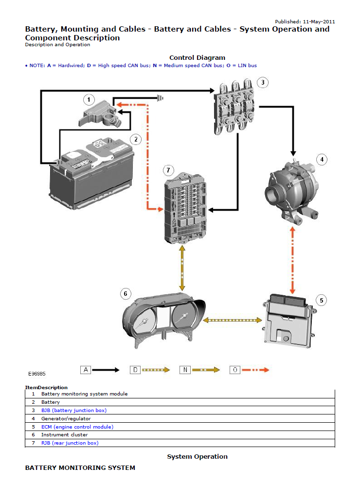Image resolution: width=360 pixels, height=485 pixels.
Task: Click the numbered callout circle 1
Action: coord(89,100)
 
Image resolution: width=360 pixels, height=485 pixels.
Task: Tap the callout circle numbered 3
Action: coord(262,82)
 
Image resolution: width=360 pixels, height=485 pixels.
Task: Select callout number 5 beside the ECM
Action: coord(321,300)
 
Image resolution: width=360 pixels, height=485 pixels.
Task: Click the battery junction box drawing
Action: coord(236,109)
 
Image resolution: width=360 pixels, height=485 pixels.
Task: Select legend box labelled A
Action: coord(86,370)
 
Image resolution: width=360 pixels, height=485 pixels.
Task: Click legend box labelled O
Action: coord(235,370)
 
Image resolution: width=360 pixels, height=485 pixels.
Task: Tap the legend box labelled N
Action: coord(185,370)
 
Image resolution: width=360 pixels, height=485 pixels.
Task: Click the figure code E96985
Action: coord(37,374)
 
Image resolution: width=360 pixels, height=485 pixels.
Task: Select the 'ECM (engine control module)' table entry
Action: coord(77,427)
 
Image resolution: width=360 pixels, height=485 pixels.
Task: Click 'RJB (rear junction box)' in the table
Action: coord(70,443)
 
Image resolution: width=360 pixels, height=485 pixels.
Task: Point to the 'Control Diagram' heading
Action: coord(197,58)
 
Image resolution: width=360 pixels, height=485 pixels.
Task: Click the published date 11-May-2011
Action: coord(319,21)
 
